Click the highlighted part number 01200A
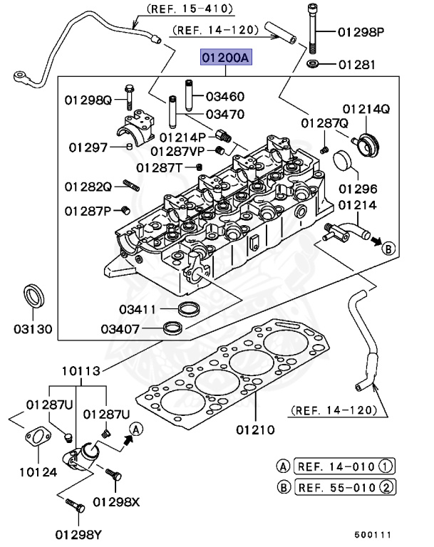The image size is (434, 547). coord(226,57)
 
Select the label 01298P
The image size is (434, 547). coord(361,32)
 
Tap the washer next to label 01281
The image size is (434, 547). coord(312,64)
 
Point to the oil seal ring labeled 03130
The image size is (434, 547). coord(34,296)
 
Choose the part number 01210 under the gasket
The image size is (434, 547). coord(255,429)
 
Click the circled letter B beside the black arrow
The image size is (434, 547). coord(388,249)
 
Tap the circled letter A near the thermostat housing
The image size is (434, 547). coord(136,429)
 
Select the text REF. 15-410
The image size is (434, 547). coord(190,9)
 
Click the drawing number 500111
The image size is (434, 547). coord(373,535)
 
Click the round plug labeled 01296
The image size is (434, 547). coord(343,162)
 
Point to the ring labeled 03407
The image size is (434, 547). coord(173,328)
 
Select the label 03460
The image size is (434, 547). coord(225,96)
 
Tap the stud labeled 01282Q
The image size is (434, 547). coord(131,185)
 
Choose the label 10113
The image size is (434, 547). coord(81,371)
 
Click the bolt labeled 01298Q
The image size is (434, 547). coord(129,97)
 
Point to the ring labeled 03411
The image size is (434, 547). coord(189,308)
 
